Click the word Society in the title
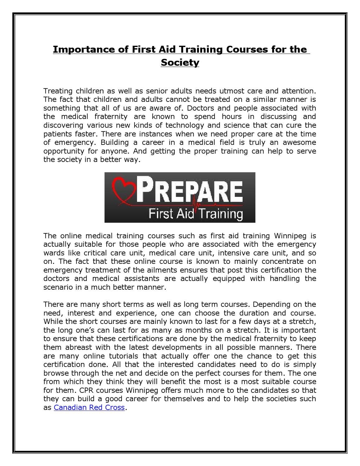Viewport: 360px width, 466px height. click(x=180, y=63)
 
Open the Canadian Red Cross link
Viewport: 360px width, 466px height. click(x=89, y=407)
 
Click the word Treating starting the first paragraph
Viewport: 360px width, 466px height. click(x=58, y=91)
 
